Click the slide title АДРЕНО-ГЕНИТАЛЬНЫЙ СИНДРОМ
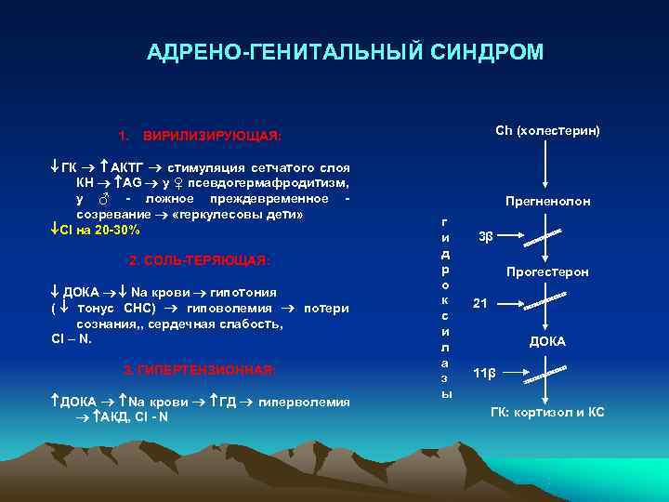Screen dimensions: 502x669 346,52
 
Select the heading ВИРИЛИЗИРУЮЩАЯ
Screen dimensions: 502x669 207,136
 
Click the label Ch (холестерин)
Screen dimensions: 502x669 546,130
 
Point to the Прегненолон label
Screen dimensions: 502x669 547,201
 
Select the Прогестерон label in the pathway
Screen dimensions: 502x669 547,272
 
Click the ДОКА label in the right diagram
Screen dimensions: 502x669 547,342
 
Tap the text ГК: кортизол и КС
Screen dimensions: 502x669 547,412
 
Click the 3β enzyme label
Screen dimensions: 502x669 485,235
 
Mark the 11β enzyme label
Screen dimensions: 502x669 484,374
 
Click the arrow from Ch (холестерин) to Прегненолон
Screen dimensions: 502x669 546,165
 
